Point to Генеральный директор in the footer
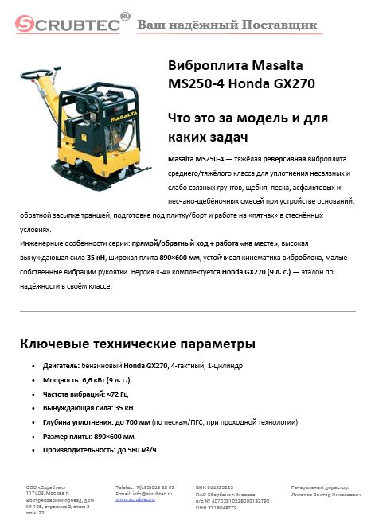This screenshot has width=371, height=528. (320, 486)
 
